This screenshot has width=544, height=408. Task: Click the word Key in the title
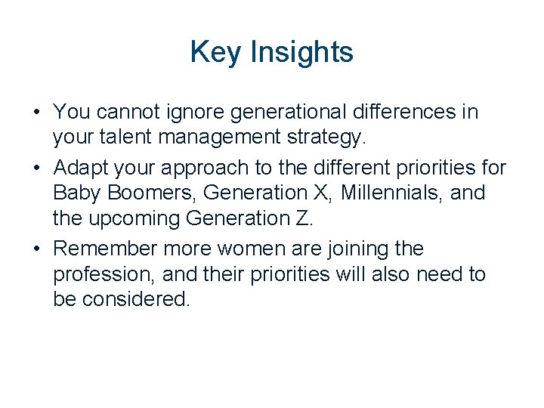[210, 52]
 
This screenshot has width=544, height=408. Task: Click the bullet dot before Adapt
[37, 168]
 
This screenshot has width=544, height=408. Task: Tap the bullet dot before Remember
[37, 249]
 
